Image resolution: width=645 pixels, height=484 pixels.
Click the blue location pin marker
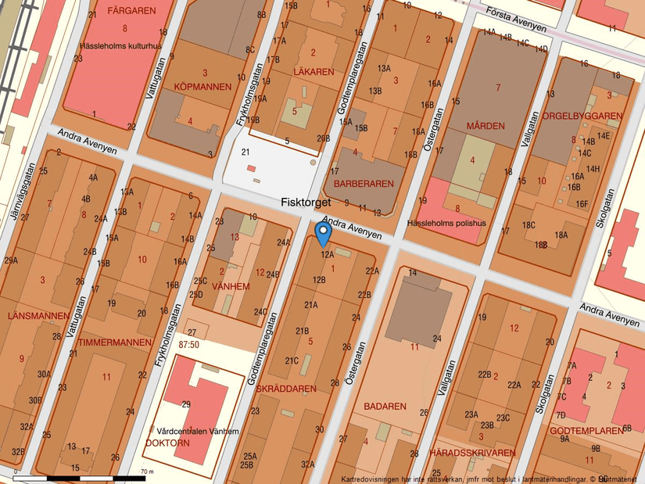pos(324,232)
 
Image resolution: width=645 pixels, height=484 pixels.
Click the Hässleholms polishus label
pos(446,223)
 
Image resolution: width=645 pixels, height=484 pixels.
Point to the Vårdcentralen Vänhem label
pos(198,431)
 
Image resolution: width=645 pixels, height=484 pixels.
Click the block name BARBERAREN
pos(363,183)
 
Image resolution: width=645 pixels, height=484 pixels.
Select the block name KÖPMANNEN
pos(202,87)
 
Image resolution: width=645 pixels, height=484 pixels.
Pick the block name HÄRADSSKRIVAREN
pos(471,453)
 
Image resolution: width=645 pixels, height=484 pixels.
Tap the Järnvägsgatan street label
pos(23,192)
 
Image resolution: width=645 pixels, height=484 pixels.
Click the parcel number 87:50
pos(191,344)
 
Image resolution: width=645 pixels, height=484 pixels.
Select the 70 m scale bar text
pos(147,471)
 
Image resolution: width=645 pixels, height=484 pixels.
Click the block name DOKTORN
pos(167,443)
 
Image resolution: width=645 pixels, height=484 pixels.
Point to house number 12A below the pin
pos(326,254)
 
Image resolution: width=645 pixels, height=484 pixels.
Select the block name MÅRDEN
pos(486,126)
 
